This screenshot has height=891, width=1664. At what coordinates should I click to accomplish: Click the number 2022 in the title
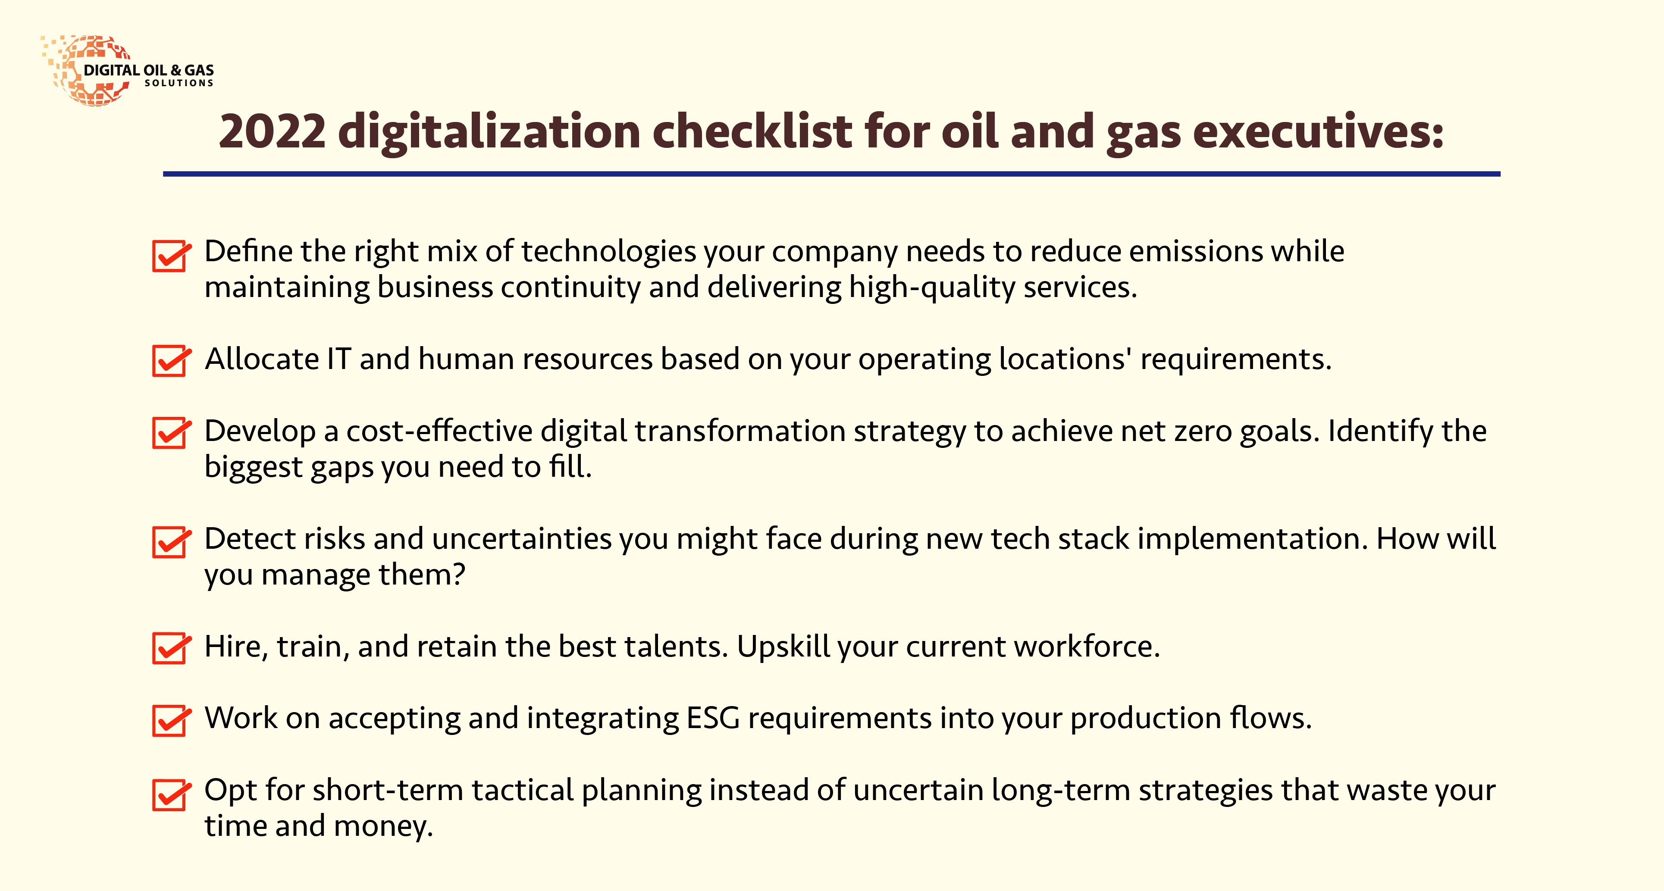pos(272,132)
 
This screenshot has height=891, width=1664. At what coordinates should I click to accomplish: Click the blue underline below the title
pos(831,174)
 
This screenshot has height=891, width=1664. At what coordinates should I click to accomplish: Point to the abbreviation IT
pos(339,359)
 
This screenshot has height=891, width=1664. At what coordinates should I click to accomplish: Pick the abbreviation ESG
pos(712,718)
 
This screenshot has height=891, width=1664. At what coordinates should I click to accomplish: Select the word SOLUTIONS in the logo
pos(179,83)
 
